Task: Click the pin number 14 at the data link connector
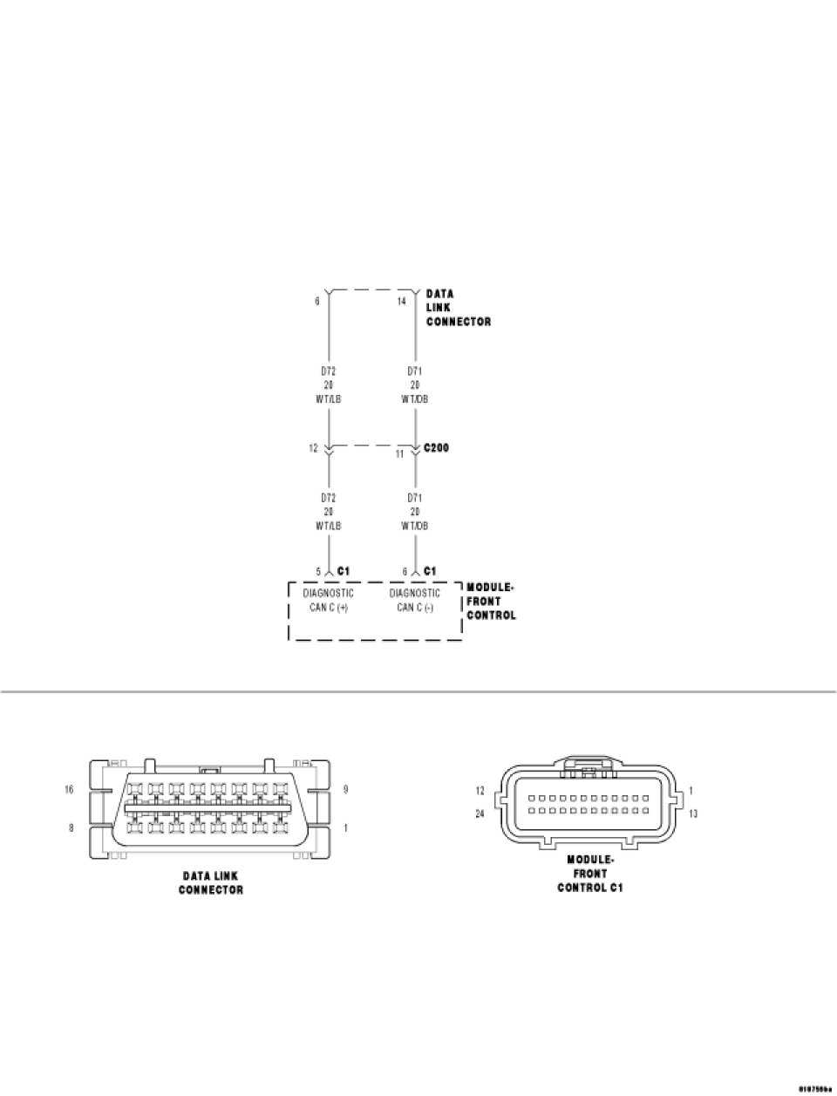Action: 401,301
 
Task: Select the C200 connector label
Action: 436,448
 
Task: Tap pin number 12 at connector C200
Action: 313,448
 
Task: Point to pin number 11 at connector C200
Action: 400,454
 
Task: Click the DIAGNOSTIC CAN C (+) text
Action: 329,600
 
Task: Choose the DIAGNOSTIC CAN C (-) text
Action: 415,600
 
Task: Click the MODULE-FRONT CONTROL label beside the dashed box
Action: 491,601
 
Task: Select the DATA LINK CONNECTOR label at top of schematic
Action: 458,308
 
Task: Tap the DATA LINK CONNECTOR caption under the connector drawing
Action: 211,882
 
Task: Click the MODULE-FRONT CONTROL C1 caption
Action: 590,874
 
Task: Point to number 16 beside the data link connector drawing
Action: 70,789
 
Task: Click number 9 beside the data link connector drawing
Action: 347,789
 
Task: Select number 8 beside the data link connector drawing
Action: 71,827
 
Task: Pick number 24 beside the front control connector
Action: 480,813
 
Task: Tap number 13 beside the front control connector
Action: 693,813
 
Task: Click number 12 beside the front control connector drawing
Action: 480,791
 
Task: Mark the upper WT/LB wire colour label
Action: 329,399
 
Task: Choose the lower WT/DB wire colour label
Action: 415,526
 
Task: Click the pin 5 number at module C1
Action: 319,571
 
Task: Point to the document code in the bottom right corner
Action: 816,1088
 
